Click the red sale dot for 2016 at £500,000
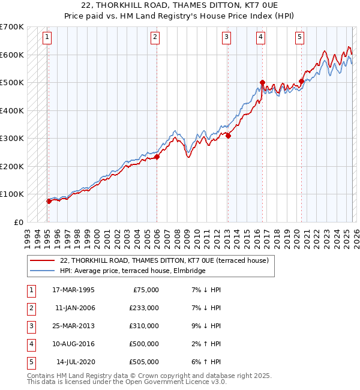tap(262, 82)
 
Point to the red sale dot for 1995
tap(49, 201)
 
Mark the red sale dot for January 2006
tap(157, 157)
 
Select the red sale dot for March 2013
tap(228, 136)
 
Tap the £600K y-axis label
tap(12, 55)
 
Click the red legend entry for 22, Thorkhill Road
tap(167, 260)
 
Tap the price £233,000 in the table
tap(144, 308)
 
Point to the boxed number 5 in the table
tap(29, 362)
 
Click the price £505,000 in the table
tap(144, 362)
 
